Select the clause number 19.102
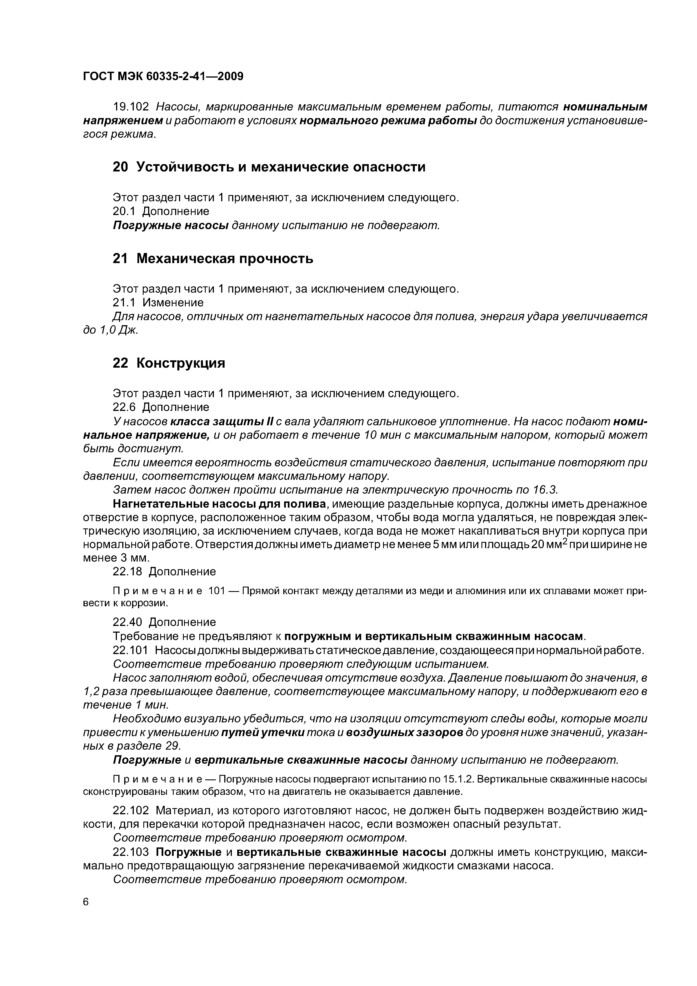(x=131, y=107)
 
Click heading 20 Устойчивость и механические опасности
(x=269, y=167)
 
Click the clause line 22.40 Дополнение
(x=164, y=622)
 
